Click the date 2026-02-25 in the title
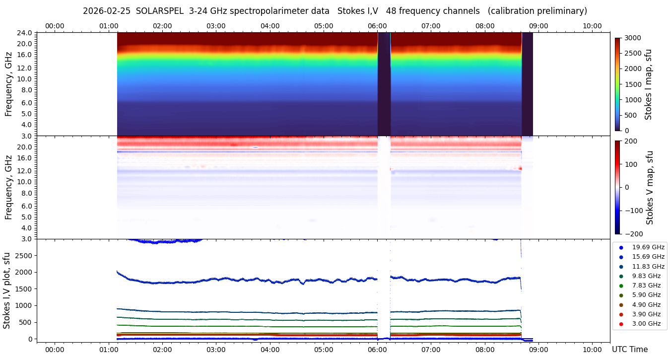106,11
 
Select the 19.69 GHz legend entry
648,247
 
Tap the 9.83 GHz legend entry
646,276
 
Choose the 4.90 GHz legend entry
646,305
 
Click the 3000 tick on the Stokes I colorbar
633,38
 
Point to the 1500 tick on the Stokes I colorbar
633,84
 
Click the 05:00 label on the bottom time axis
324,350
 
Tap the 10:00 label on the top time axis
592,26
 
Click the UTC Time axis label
629,350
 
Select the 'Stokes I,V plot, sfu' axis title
7,290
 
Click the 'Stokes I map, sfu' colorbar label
648,84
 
